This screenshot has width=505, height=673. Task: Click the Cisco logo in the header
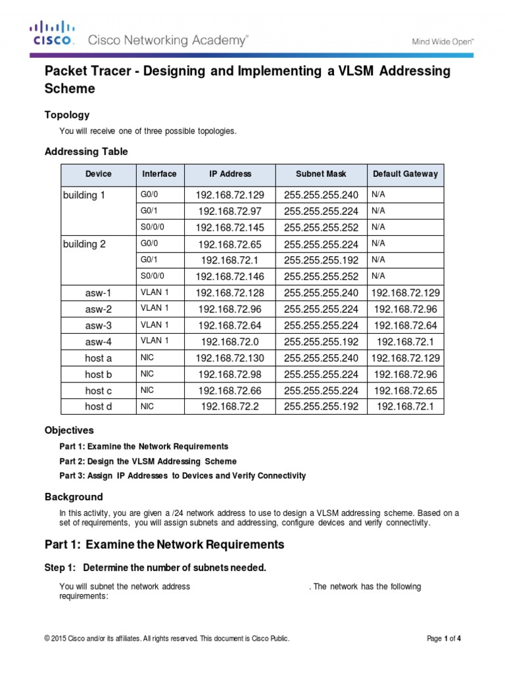[x=53, y=34]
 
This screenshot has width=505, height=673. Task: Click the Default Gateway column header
[x=404, y=174]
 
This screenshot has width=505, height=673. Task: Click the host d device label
[x=98, y=407]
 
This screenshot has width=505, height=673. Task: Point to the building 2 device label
[x=84, y=244]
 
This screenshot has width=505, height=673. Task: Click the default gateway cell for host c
[x=404, y=390]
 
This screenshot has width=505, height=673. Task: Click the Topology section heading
[x=66, y=115]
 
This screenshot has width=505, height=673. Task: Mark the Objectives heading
[x=69, y=430]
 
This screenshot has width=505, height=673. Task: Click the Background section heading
[x=73, y=497]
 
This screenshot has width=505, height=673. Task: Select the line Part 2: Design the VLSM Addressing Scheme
[x=148, y=461]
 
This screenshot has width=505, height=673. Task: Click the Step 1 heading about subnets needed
[x=155, y=568]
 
